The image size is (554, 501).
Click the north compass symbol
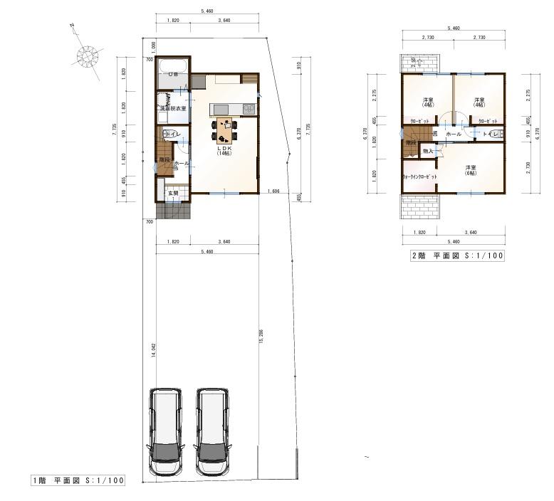coord(88,56)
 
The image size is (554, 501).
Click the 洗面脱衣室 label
coord(172,108)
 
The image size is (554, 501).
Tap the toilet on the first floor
coord(167,134)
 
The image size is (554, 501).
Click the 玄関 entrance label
coord(172,193)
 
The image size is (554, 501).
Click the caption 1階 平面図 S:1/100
coord(78,480)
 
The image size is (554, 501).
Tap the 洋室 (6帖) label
coord(470,170)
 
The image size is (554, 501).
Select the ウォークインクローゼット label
coord(419,176)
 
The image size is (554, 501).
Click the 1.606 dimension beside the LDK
coord(273,192)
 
